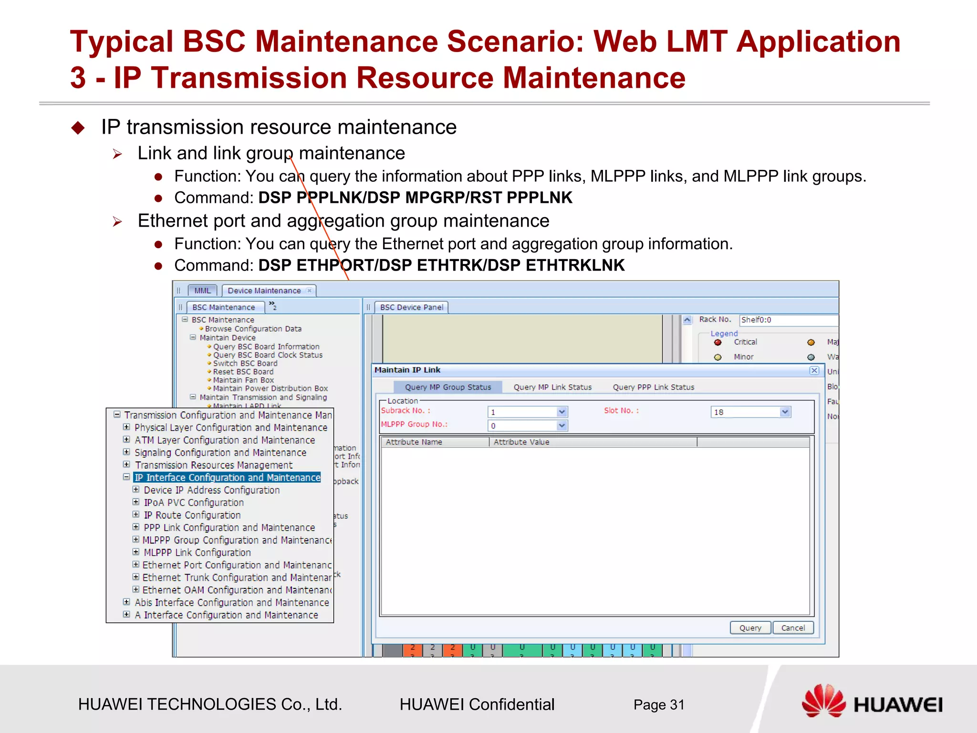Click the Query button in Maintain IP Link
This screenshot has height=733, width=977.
pyautogui.click(x=750, y=628)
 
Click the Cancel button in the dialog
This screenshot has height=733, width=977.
pyautogui.click(x=792, y=628)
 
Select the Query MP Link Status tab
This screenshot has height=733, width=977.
pyautogui.click(x=552, y=387)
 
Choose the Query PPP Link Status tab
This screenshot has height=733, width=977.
pyautogui.click(x=653, y=387)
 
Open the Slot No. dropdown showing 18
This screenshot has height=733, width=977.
pyautogui.click(x=785, y=412)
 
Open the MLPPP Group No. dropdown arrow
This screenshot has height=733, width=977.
pyautogui.click(x=562, y=425)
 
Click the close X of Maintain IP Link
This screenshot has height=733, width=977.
pyautogui.click(x=814, y=370)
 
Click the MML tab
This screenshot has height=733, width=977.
pyautogui.click(x=202, y=291)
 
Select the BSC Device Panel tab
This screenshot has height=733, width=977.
pyautogui.click(x=411, y=307)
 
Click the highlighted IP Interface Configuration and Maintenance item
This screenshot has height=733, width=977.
pyautogui.click(x=227, y=478)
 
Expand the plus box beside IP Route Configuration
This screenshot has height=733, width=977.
pyautogui.click(x=136, y=514)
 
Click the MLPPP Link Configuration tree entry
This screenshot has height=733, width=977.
pyautogui.click(x=197, y=553)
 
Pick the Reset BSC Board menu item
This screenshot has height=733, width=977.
pyautogui.click(x=243, y=372)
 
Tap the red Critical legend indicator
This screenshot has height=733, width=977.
pyautogui.click(x=717, y=342)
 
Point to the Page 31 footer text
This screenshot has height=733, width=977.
pyautogui.click(x=658, y=705)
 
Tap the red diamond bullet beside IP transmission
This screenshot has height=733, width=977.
pyautogui.click(x=78, y=127)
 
